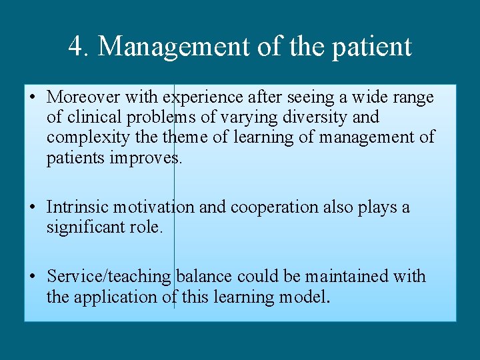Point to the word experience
(203, 98)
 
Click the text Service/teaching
(110, 277)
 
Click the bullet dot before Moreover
(33, 98)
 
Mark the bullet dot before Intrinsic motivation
(33, 207)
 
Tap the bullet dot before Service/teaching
(33, 277)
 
